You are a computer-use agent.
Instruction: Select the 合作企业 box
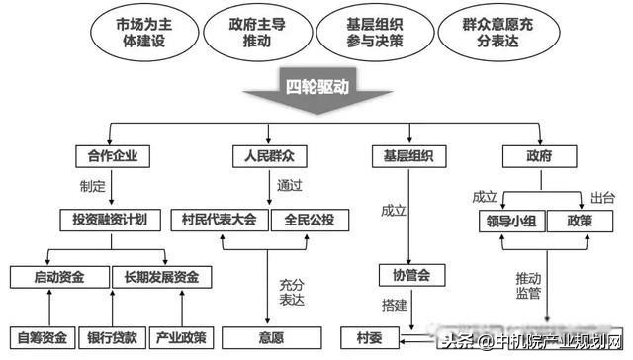113,156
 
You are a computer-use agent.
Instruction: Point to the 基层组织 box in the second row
407,156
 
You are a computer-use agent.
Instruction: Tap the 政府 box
540,156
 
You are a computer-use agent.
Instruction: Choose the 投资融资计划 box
114,220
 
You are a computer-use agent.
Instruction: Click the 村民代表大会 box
220,220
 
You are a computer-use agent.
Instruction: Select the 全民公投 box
308,220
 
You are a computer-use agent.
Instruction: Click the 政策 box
580,220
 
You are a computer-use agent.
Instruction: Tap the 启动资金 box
58,277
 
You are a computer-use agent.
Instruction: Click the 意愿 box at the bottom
271,337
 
